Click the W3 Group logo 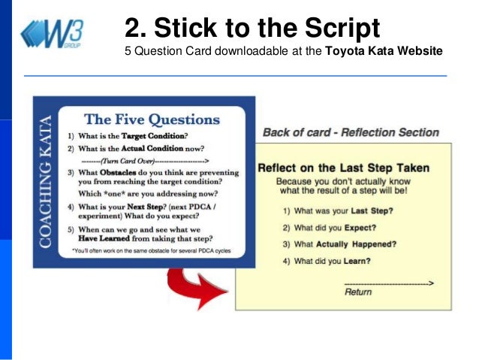pyautogui.click(x=53, y=34)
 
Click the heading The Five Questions pyautogui.click(x=152, y=119)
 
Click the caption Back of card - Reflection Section pyautogui.click(x=350, y=133)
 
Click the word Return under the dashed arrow pyautogui.click(x=358, y=292)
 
